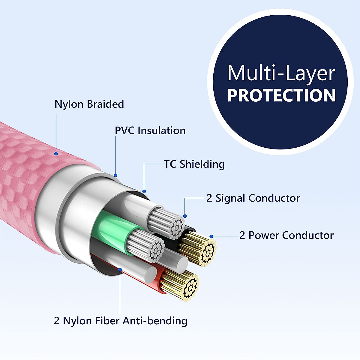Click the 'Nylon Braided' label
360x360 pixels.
pyautogui.click(x=89, y=104)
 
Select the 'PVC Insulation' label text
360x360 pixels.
pyautogui.click(x=150, y=130)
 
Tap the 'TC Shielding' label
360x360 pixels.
pyautogui.click(x=194, y=164)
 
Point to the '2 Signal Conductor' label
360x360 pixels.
pyautogui.click(x=253, y=198)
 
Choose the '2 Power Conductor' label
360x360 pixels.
pyautogui.click(x=286, y=235)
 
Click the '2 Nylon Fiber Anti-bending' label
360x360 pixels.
pyautogui.click(x=121, y=321)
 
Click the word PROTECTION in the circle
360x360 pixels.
pyautogui.click(x=281, y=95)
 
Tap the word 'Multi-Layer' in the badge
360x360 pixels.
pyautogui.click(x=281, y=73)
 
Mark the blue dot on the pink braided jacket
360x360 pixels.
pyautogui.click(x=56, y=154)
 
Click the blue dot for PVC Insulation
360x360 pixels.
pyautogui.click(x=116, y=175)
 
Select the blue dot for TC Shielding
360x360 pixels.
pyautogui.click(x=144, y=191)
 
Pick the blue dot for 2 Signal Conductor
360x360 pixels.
pyautogui.click(x=185, y=216)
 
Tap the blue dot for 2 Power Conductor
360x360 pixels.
pyautogui.click(x=211, y=236)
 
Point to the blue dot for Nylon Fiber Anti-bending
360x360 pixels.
pyautogui.click(x=120, y=270)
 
